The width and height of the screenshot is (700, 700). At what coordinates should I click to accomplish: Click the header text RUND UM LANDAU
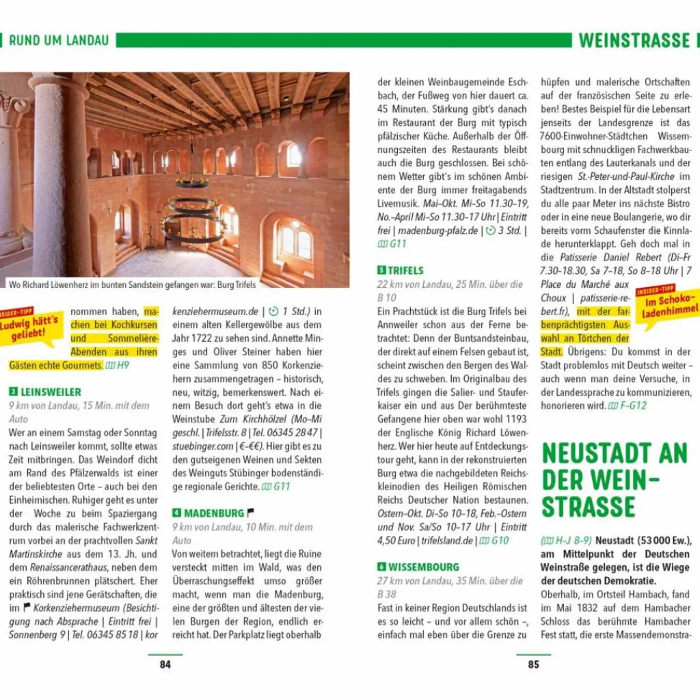[x=59, y=40]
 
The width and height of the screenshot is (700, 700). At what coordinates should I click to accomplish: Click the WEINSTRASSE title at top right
[x=634, y=40]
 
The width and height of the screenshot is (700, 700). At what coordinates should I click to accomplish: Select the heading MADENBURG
[x=213, y=513]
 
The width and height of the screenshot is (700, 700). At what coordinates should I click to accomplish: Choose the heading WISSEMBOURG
[x=423, y=567]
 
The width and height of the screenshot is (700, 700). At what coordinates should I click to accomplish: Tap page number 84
[x=165, y=664]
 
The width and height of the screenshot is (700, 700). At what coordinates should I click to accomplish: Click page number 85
[x=533, y=664]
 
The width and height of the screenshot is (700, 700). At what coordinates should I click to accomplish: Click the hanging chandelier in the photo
[x=193, y=208]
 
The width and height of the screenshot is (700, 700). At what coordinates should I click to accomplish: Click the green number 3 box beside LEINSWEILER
[x=13, y=392]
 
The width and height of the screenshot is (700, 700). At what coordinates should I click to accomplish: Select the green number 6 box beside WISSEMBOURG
[x=381, y=567]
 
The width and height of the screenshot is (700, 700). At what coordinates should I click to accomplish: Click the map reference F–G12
[x=632, y=405]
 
